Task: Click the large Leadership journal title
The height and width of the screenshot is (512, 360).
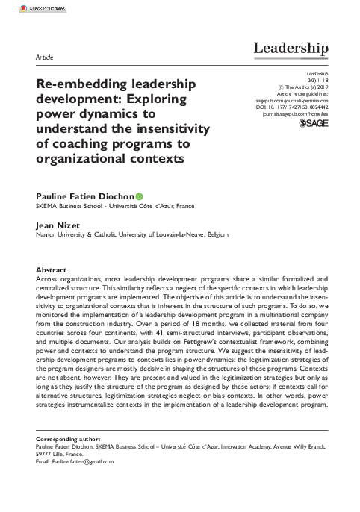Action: pos(291,49)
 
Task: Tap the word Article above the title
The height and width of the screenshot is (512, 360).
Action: pos(44,56)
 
